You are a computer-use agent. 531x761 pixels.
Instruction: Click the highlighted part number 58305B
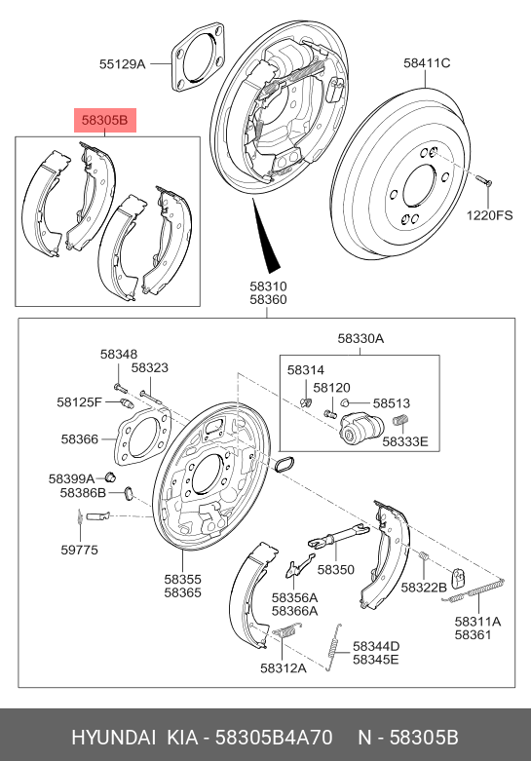(x=104, y=121)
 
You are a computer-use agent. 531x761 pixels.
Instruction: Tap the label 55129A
(x=122, y=64)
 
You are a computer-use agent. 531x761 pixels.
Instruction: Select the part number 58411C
(x=427, y=63)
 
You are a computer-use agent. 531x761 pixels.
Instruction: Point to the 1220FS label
(x=488, y=214)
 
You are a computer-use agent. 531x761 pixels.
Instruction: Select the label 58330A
(x=360, y=338)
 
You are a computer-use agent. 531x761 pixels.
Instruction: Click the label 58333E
(x=404, y=441)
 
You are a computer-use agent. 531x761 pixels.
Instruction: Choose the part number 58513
(x=392, y=401)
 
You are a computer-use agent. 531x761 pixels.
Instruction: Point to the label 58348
(x=119, y=354)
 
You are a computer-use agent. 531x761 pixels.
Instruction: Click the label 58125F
(x=79, y=401)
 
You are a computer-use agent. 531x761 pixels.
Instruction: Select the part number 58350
(x=337, y=569)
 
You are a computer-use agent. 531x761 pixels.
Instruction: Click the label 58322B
(x=425, y=587)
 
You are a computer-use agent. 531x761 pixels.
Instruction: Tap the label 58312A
(x=283, y=667)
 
